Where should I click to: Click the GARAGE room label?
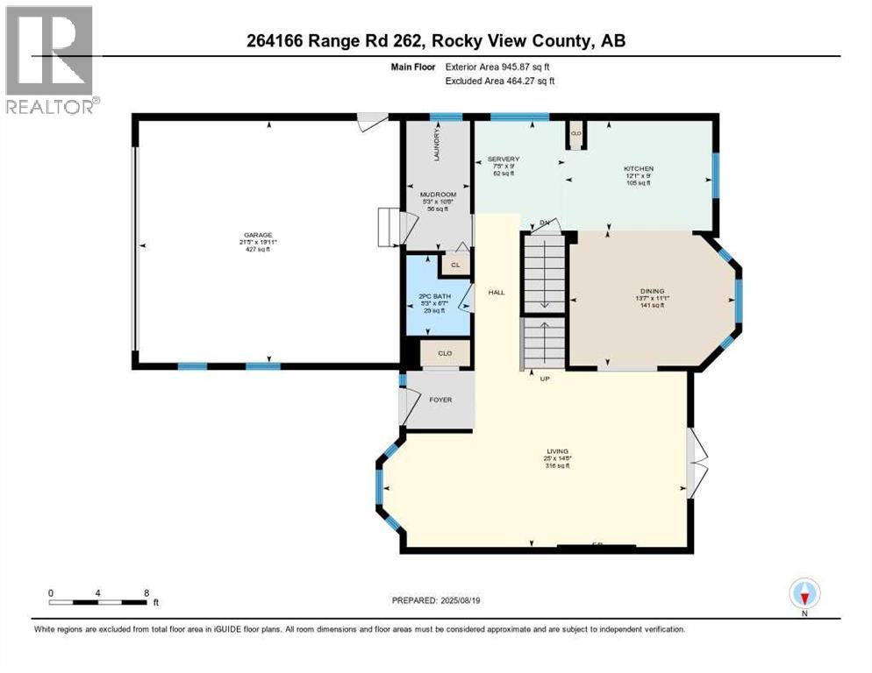tap(258, 235)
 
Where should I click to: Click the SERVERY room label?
tap(504, 159)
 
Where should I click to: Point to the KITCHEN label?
tap(638, 168)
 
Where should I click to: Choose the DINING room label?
tap(652, 291)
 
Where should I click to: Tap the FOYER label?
tap(440, 400)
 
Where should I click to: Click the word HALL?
tap(497, 292)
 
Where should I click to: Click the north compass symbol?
tap(804, 594)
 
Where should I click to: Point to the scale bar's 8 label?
tap(145, 592)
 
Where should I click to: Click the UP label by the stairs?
tap(543, 379)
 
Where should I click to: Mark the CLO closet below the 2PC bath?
tap(445, 354)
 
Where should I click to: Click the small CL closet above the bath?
tap(454, 265)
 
